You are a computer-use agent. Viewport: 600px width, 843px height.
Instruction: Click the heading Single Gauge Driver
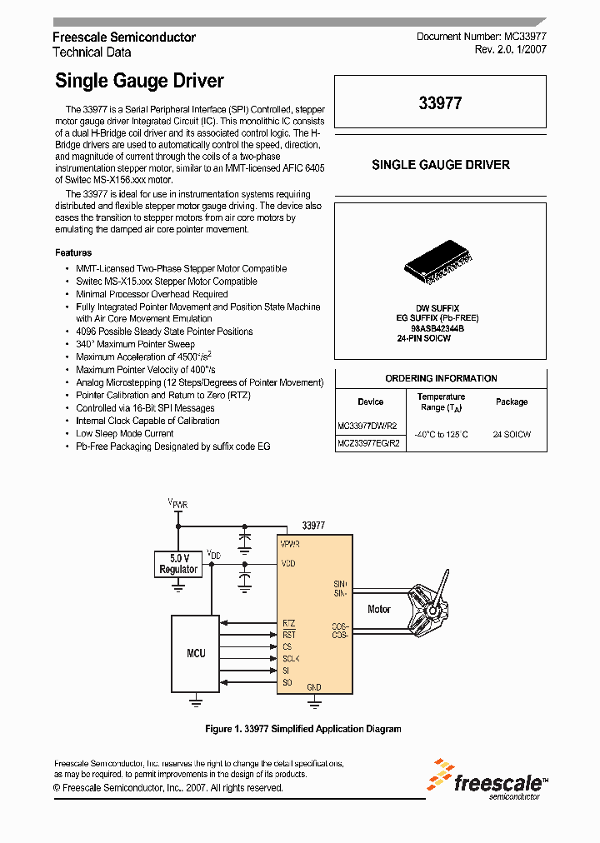(x=139, y=81)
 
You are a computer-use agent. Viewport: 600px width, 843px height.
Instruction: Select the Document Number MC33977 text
(x=481, y=37)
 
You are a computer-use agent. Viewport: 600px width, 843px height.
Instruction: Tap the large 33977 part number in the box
(x=440, y=104)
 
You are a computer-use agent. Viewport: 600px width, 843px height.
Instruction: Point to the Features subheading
(x=73, y=252)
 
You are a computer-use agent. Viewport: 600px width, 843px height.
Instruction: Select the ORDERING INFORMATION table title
(x=441, y=378)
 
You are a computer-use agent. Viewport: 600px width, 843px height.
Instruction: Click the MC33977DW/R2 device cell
(x=367, y=425)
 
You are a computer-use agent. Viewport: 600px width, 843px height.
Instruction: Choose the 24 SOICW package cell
(x=511, y=434)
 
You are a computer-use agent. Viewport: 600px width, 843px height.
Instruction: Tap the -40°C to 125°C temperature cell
(x=441, y=434)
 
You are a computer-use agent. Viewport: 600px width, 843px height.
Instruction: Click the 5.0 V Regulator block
(x=178, y=564)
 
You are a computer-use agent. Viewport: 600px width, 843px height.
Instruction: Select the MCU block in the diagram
(x=196, y=653)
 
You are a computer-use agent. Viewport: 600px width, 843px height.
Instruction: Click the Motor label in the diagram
(x=379, y=609)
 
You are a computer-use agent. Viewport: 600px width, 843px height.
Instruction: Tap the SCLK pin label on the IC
(x=291, y=658)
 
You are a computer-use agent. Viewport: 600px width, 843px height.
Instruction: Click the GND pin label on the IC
(x=314, y=687)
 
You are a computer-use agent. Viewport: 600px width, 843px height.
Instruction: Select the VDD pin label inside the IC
(x=289, y=564)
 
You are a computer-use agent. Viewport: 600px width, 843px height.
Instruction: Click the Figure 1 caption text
(x=303, y=729)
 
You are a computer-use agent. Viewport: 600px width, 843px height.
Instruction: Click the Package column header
(x=511, y=402)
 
